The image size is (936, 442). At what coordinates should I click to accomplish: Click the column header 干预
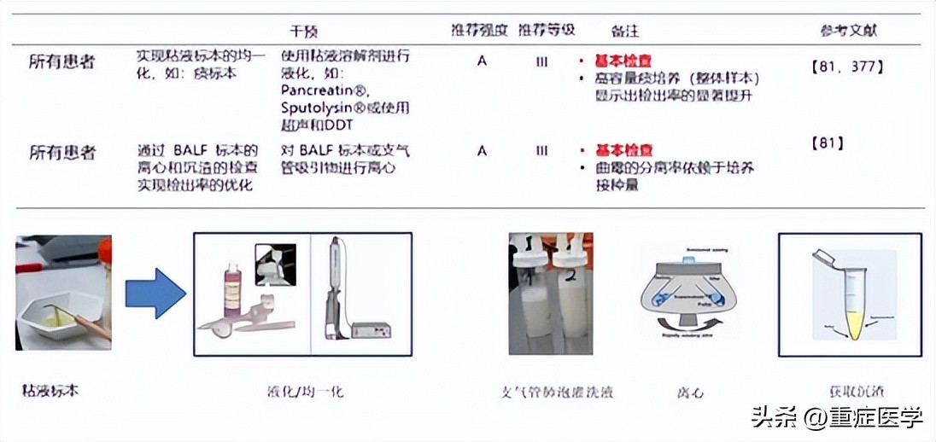(304, 32)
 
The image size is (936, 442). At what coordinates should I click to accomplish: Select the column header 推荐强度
(480, 31)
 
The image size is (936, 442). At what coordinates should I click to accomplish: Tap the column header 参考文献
(849, 32)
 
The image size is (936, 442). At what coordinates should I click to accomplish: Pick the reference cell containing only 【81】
(827, 143)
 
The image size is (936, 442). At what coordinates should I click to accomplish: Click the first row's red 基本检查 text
(623, 61)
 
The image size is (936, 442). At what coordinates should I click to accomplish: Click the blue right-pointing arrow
(155, 293)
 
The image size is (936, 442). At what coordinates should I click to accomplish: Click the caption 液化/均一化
(305, 392)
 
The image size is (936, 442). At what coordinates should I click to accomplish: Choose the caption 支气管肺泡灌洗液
(557, 393)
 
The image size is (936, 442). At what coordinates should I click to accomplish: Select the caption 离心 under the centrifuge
(691, 393)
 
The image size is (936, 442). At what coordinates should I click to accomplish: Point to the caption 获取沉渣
(851, 392)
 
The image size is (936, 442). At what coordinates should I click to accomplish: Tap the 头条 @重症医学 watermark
(837, 417)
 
